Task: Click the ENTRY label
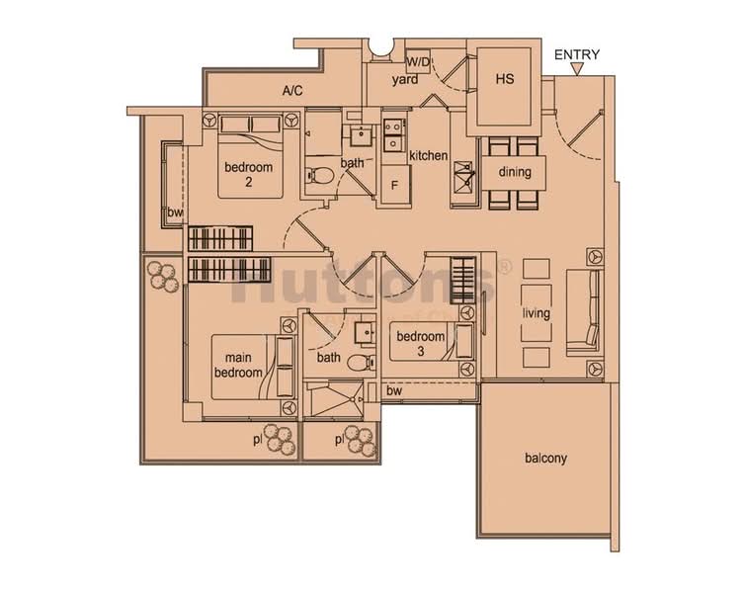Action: click(x=577, y=55)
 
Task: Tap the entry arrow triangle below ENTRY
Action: click(x=577, y=70)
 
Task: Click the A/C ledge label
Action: click(x=291, y=91)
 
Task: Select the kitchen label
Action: click(x=429, y=156)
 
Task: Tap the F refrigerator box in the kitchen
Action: click(x=394, y=184)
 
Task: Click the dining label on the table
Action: click(x=515, y=172)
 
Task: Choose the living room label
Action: click(x=537, y=313)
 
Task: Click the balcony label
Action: click(x=546, y=459)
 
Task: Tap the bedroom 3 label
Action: click(x=421, y=344)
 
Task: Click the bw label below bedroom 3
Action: click(x=394, y=391)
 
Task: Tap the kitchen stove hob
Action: click(x=461, y=180)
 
